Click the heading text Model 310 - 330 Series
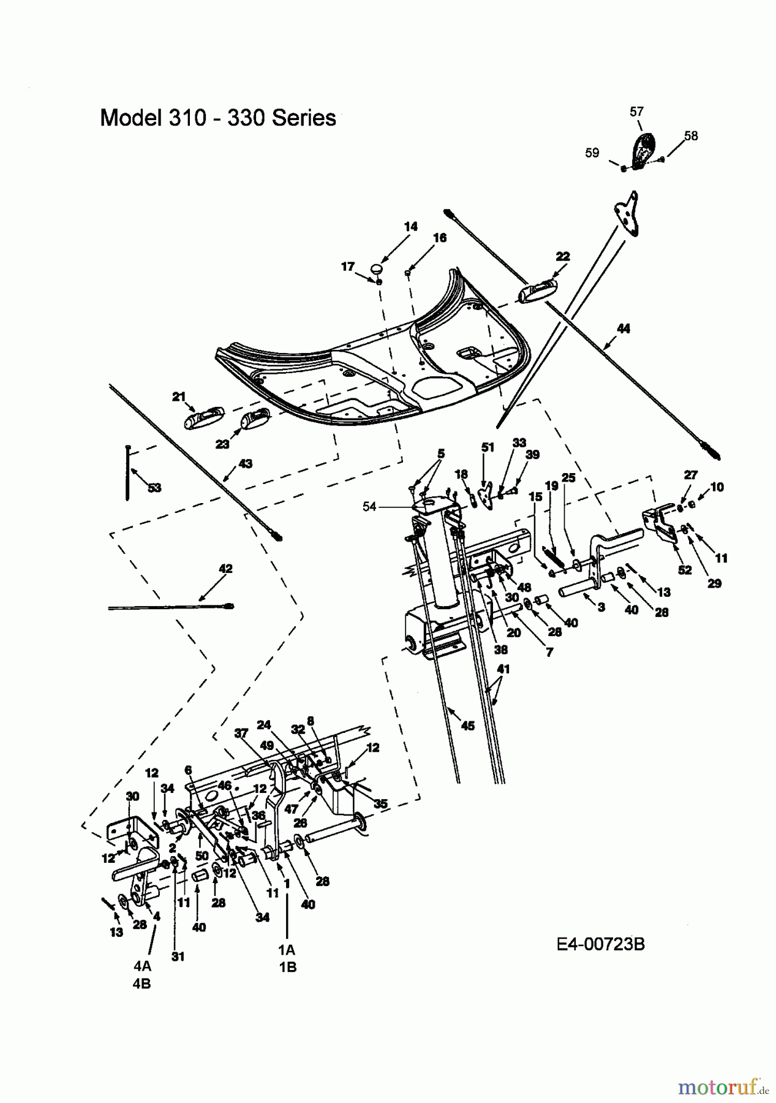[x=218, y=118]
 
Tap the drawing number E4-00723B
[x=600, y=944]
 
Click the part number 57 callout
[x=636, y=112]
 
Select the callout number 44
[x=623, y=329]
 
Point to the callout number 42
[x=225, y=569]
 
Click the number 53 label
[x=154, y=488]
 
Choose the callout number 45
[x=468, y=726]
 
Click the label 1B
[x=287, y=967]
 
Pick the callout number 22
[x=563, y=257]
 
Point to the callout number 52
[x=685, y=570]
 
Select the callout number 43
[x=245, y=464]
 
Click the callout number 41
[x=503, y=670]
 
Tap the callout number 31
[x=178, y=957]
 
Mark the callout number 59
[x=592, y=153]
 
